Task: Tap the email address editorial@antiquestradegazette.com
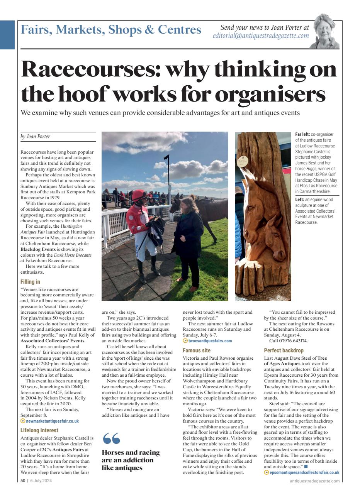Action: pyautogui.click(x=261, y=36)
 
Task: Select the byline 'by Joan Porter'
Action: pyautogui.click(x=35, y=137)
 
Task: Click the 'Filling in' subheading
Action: pyautogui.click(x=30, y=282)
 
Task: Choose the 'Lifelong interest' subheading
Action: pyautogui.click(x=39, y=430)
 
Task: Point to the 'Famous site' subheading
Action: pyautogui.click(x=196, y=350)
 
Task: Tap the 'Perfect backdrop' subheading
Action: pyautogui.click(x=284, y=350)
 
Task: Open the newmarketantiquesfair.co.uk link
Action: pyautogui.click(x=52, y=421)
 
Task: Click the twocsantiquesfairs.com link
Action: pyautogui.click(x=210, y=341)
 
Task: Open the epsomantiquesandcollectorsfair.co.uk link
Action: pyautogui.click(x=304, y=472)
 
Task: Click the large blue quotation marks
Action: pyautogui.click(x=111, y=439)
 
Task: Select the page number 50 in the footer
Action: pyautogui.click(x=23, y=481)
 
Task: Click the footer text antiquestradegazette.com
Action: pyautogui.click(x=314, y=481)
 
